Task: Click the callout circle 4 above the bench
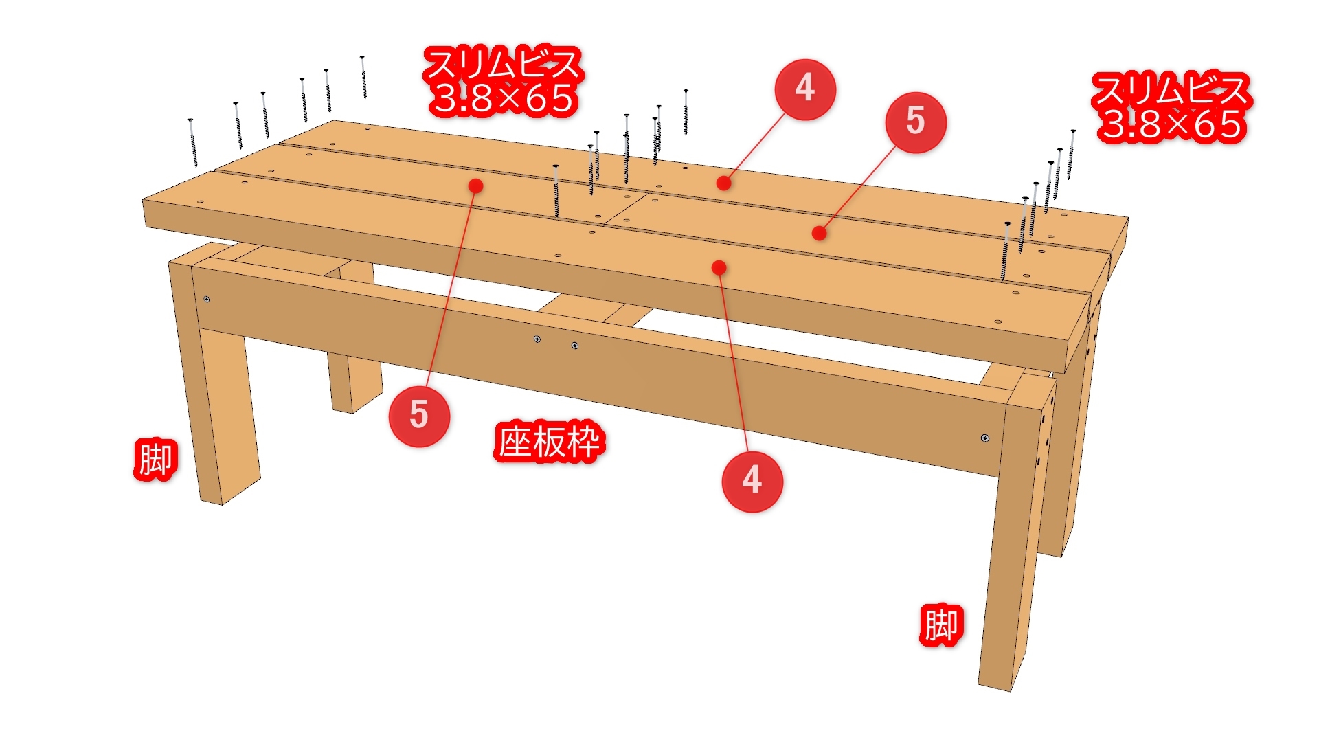pyautogui.click(x=805, y=89)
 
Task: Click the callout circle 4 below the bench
pyautogui.click(x=752, y=481)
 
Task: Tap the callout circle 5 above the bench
pyautogui.click(x=916, y=122)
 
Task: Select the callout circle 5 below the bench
pyautogui.click(x=419, y=416)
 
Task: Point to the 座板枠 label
pyautogui.click(x=550, y=441)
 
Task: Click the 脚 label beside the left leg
pyautogui.click(x=155, y=459)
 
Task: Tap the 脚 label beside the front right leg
pyautogui.click(x=941, y=625)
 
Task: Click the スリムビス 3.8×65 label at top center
pyautogui.click(x=504, y=80)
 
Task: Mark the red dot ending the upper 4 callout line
pyautogui.click(x=723, y=183)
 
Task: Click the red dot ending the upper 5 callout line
pyautogui.click(x=819, y=234)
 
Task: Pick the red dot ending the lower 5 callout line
pyautogui.click(x=475, y=185)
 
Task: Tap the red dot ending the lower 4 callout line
pyautogui.click(x=719, y=267)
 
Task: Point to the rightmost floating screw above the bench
pyautogui.click(x=1071, y=154)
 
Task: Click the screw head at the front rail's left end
pyautogui.click(x=207, y=299)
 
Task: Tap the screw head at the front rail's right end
pyautogui.click(x=985, y=438)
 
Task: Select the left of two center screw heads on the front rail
pyautogui.click(x=537, y=339)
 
